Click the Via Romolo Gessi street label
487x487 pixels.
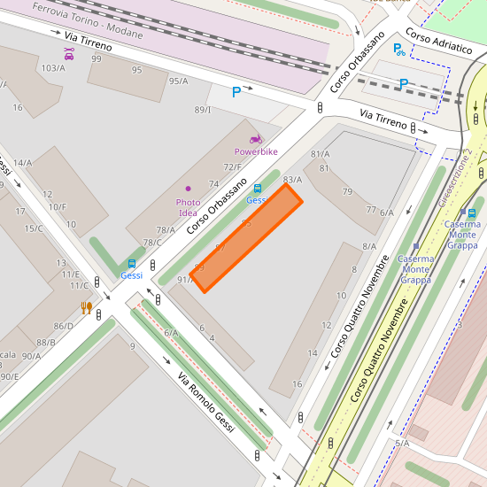[205, 403]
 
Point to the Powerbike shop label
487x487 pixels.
[256, 152]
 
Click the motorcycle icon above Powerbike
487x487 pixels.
[256, 139]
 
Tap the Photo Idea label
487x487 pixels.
[188, 208]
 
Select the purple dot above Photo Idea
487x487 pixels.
[188, 189]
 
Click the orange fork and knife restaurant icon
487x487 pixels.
[86, 307]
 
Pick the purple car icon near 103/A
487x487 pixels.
[69, 55]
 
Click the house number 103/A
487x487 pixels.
[53, 68]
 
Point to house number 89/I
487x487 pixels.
[203, 110]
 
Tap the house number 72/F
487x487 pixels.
[232, 167]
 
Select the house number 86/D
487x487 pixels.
[64, 326]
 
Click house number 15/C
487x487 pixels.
[34, 228]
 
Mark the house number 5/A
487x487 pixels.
[402, 443]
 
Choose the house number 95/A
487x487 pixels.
[178, 81]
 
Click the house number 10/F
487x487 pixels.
[57, 207]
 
